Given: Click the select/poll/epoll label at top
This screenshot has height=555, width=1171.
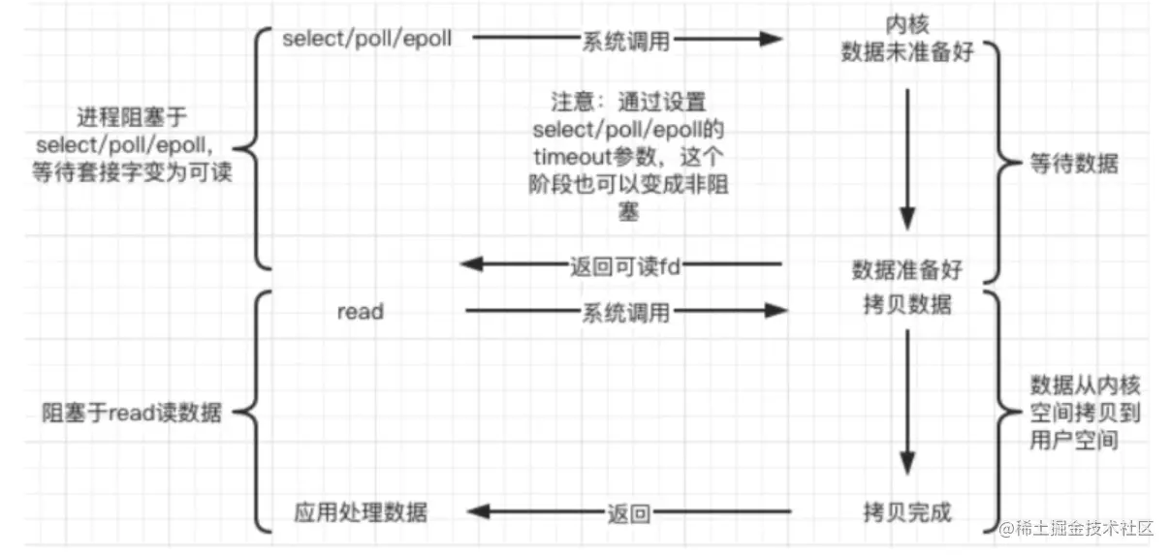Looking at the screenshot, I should [366, 39].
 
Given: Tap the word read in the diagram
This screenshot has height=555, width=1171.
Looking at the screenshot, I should [360, 312].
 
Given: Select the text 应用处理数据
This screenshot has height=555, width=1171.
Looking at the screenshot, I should [360, 511].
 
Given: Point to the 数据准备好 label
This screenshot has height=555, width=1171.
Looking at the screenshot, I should [906, 268].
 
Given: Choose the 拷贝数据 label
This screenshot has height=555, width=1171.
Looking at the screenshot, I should [906, 306].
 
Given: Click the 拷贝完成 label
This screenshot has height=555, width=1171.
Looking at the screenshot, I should [906, 510].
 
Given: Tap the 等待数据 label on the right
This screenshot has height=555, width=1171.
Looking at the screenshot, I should [1073, 164].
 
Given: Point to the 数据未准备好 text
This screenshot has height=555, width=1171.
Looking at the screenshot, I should [905, 51].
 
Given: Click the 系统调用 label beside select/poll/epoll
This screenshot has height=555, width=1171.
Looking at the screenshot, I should [625, 40].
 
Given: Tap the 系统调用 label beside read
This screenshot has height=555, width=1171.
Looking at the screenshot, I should [625, 312].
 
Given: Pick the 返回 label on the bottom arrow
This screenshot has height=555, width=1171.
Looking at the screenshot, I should [628, 512].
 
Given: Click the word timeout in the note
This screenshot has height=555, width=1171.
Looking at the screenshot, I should [564, 155].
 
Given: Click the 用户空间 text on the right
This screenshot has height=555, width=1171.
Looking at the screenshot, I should [1073, 440].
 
